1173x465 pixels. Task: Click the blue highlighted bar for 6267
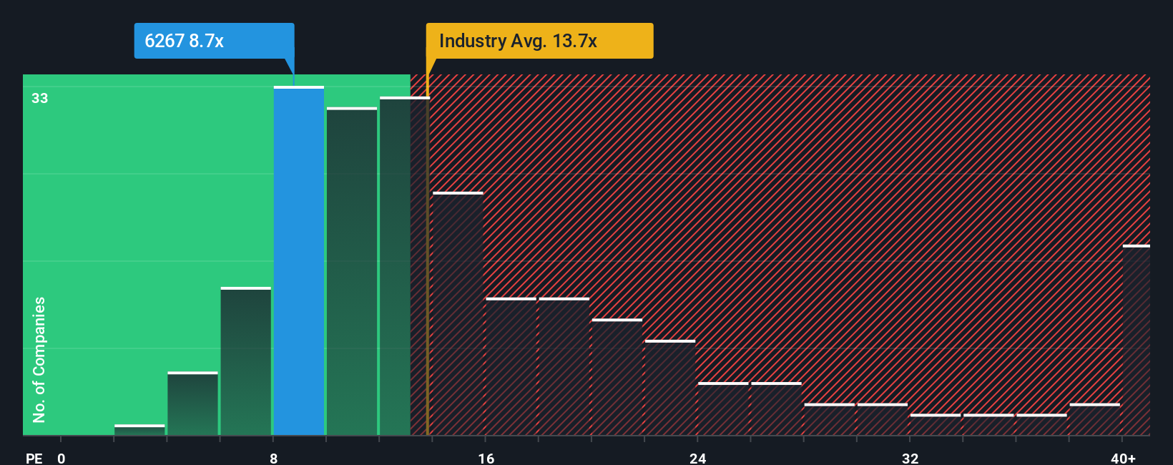(x=299, y=261)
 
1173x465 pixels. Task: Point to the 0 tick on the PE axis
(x=62, y=458)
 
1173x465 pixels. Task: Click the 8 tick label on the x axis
(x=274, y=458)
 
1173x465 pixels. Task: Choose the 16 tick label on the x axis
(x=486, y=458)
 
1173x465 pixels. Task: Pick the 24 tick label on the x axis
(x=698, y=458)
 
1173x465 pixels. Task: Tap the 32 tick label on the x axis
(x=910, y=458)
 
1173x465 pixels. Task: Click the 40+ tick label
(x=1123, y=458)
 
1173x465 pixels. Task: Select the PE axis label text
(x=34, y=458)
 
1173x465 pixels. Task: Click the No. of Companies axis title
(x=39, y=359)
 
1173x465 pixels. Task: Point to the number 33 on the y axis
(x=40, y=98)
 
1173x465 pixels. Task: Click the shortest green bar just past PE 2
(x=139, y=430)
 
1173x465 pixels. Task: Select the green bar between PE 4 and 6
(x=192, y=403)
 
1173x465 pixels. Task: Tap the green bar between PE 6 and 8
(x=246, y=361)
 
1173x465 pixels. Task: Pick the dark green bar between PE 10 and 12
(x=352, y=272)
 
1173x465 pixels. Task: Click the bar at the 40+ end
(x=1136, y=341)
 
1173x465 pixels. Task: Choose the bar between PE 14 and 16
(x=458, y=313)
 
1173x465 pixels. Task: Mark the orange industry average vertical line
(x=428, y=265)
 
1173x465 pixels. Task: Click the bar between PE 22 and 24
(x=670, y=388)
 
